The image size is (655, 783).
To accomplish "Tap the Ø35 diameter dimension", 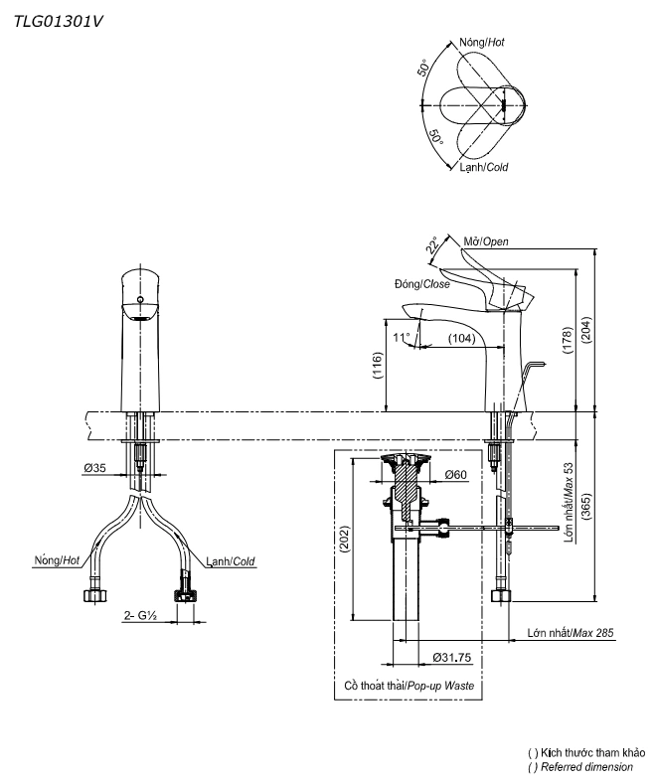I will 96,466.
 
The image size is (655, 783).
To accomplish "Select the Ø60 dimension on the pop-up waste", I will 456,475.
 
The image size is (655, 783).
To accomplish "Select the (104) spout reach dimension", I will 460,339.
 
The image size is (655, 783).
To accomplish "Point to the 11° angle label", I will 402,338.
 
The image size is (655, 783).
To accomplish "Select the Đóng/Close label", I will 420,284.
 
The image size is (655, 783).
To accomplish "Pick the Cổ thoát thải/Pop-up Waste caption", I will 409,687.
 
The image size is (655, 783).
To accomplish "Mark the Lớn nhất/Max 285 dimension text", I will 571,633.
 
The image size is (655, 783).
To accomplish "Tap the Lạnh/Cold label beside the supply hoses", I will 231,561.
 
